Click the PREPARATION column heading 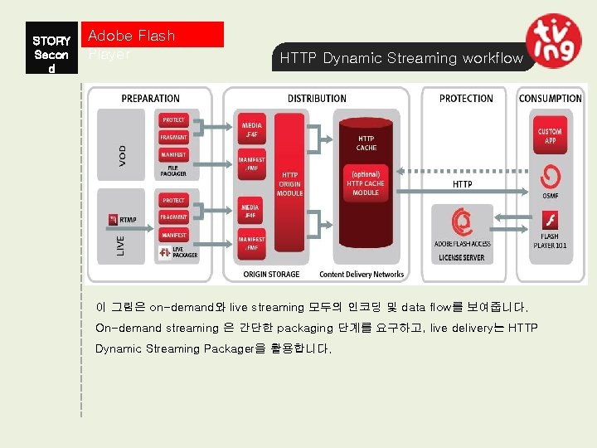click(151, 99)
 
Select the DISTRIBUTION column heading click(317, 99)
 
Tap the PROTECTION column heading click(466, 99)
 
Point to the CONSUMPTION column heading click(551, 99)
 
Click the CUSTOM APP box click(550, 136)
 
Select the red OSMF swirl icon click(550, 178)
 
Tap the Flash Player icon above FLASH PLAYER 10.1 click(550, 221)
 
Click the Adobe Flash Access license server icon click(462, 222)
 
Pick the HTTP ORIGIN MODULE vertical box click(290, 184)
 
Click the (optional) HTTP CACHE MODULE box click(366, 183)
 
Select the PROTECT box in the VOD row click(174, 120)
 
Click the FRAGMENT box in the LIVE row click(174, 217)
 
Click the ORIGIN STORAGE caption click(271, 274)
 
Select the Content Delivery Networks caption click(362, 274)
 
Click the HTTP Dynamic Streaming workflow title click(401, 58)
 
